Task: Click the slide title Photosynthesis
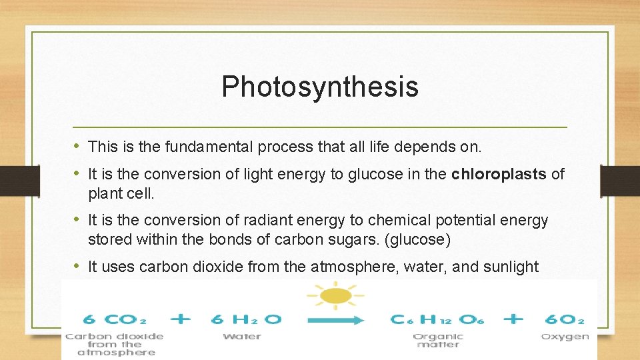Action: point(320,87)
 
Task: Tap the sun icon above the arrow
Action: point(335,294)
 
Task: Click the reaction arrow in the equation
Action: point(335,320)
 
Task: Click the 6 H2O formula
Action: point(246,319)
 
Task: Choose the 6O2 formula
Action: point(564,319)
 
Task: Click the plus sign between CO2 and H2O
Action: point(181,319)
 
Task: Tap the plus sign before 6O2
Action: point(513,319)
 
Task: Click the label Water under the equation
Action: point(242,337)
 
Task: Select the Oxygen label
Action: point(564,337)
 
